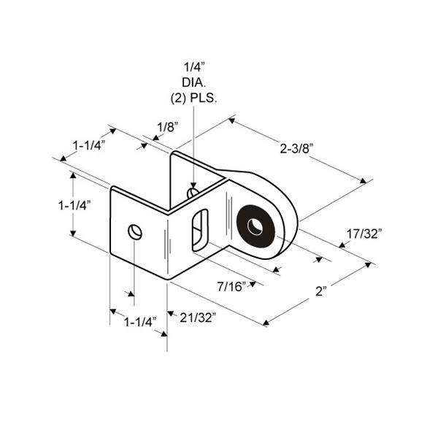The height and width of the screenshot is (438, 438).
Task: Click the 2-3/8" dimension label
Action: point(296,148)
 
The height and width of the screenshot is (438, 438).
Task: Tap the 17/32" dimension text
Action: point(364,234)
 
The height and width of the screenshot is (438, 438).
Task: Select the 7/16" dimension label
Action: point(231,286)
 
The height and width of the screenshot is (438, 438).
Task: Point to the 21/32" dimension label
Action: point(198,318)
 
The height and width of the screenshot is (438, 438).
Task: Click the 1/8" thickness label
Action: point(168,127)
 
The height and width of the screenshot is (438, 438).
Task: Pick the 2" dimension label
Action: point(321,291)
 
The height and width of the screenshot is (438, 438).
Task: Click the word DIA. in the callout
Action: point(194,82)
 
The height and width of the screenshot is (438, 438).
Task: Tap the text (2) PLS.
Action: point(193,99)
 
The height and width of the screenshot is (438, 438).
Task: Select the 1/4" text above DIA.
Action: point(194,67)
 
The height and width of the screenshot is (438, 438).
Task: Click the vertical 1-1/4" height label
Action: point(74,206)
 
